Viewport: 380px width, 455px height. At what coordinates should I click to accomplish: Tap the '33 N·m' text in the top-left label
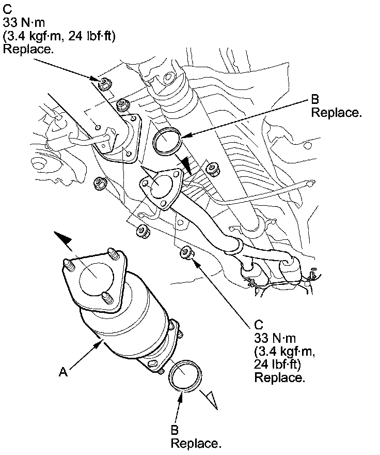pyautogui.click(x=20, y=24)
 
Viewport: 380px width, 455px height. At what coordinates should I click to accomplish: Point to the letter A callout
pyautogui.click(x=63, y=371)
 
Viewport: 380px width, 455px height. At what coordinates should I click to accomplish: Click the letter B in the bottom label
pyautogui.click(x=175, y=430)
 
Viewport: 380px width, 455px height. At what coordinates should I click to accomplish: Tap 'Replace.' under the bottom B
pyautogui.click(x=196, y=443)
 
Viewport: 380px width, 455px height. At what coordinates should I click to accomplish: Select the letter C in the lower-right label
pyautogui.click(x=259, y=325)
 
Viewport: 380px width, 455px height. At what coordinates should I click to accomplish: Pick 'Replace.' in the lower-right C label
pyautogui.click(x=279, y=377)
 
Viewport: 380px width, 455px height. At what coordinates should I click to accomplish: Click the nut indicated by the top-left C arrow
pyautogui.click(x=104, y=83)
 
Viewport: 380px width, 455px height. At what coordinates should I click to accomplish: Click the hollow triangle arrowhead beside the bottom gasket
pyautogui.click(x=210, y=398)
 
